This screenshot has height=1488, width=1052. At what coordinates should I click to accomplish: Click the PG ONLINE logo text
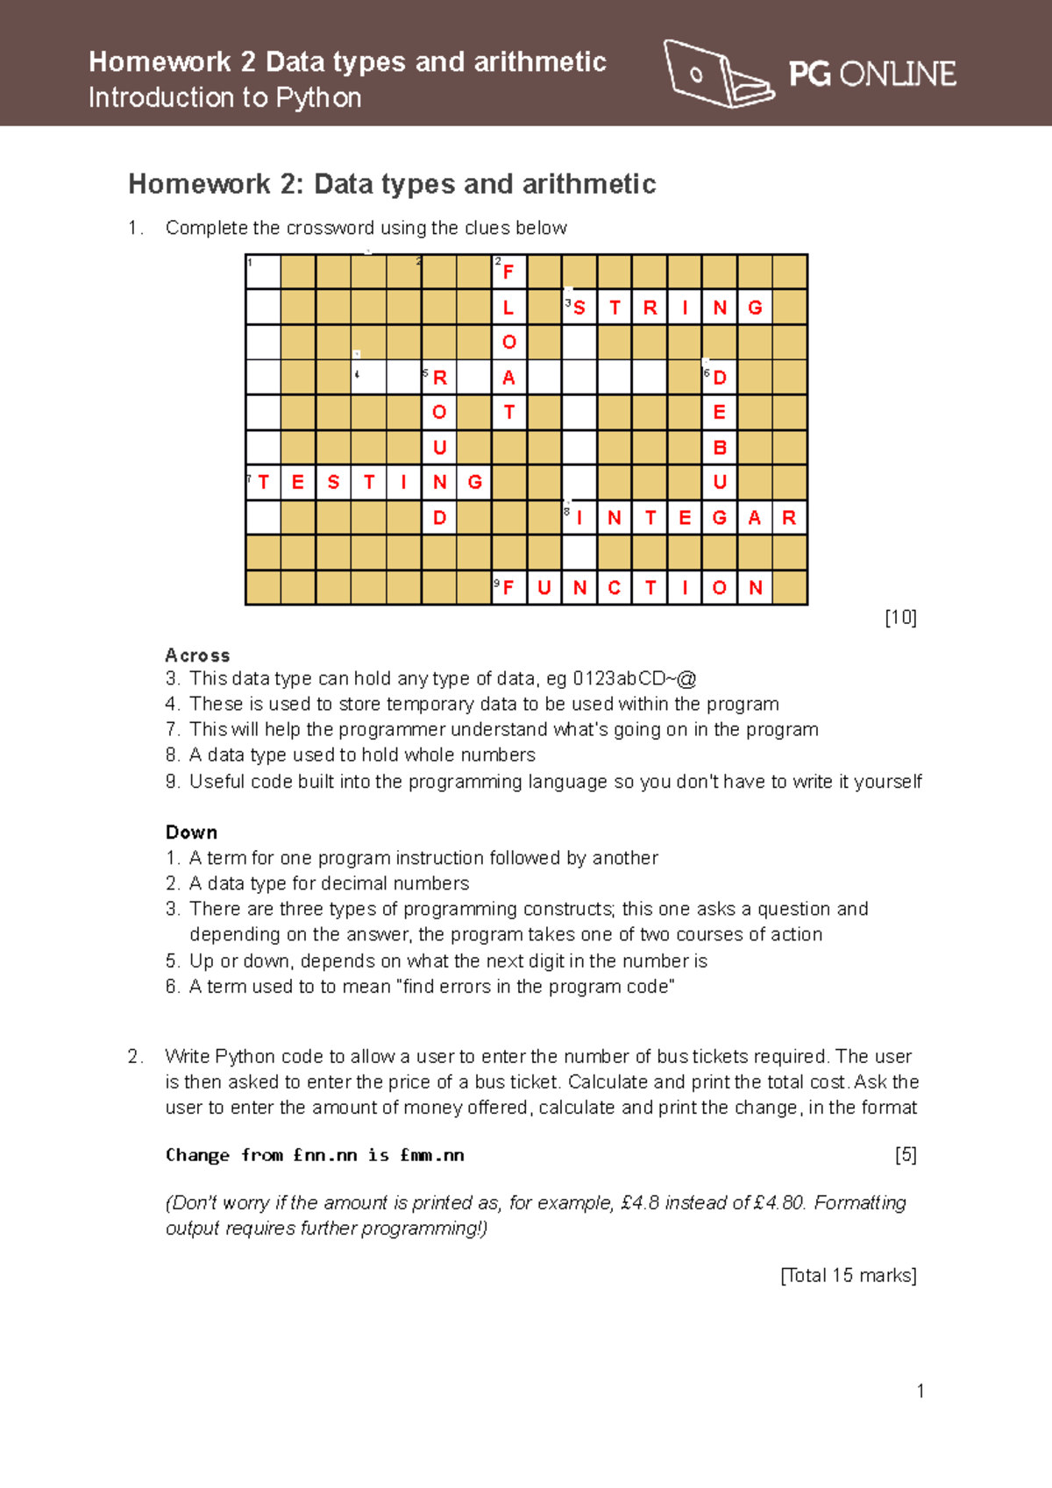[x=871, y=74]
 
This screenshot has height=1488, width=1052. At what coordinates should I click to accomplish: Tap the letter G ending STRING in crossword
[x=755, y=308]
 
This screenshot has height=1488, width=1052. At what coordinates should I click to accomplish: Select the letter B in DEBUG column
[x=720, y=448]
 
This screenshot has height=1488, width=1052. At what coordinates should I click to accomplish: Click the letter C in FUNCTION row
[x=615, y=588]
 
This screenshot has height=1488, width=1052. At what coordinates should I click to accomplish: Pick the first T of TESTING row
[x=264, y=482]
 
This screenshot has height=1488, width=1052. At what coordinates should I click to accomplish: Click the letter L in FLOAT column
[x=508, y=308]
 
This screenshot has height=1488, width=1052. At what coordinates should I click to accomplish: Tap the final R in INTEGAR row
[x=789, y=518]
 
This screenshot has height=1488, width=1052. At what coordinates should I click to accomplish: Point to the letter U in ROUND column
[x=439, y=448]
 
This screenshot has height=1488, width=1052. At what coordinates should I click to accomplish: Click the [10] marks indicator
[x=900, y=617]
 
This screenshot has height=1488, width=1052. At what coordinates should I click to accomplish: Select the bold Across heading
[x=197, y=655]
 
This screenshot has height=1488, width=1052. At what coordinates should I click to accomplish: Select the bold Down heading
[x=191, y=833]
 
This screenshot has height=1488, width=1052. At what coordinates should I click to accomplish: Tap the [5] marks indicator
[x=906, y=1155]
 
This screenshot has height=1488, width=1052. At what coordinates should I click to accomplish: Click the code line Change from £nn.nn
[x=315, y=1155]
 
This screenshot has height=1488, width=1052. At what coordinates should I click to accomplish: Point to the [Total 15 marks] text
[x=848, y=1275]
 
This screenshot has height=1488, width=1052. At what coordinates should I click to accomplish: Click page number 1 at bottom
[x=920, y=1391]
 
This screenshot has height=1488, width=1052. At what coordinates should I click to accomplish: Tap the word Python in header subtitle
[x=318, y=97]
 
